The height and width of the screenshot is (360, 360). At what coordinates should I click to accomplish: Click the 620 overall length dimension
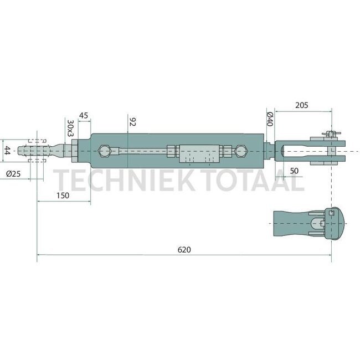click(x=184, y=250)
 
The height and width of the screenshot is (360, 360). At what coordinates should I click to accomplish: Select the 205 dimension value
click(x=302, y=105)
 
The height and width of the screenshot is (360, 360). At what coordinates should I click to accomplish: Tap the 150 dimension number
click(x=63, y=195)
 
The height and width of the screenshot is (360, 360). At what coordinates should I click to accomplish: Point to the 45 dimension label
click(x=84, y=115)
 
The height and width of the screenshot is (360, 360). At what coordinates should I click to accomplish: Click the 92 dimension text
click(x=131, y=122)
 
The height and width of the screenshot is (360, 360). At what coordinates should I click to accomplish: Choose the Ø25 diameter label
click(x=13, y=174)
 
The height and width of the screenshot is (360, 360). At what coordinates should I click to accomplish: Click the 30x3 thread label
click(x=70, y=127)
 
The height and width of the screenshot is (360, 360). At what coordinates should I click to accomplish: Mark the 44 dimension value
click(x=7, y=151)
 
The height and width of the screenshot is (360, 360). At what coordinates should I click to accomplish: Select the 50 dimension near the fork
click(x=294, y=169)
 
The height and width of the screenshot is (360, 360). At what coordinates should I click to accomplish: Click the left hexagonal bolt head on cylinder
click(x=105, y=151)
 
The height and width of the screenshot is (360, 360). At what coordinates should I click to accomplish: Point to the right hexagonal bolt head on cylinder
click(x=241, y=151)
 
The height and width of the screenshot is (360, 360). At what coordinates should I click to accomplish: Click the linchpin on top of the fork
click(x=330, y=134)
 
